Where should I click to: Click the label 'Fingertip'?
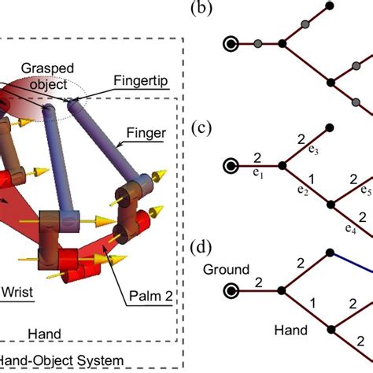tap(141, 80)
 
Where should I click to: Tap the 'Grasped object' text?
tap(47, 76)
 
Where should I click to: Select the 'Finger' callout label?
tap(146, 133)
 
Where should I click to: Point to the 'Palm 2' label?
tap(151, 296)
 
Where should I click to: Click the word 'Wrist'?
tap(18, 292)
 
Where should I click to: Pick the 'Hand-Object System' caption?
tap(61, 360)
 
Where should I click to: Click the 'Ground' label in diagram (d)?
tap(226, 270)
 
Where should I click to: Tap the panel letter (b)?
tap(201, 8)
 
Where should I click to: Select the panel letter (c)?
tap(201, 128)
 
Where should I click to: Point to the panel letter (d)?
tap(201, 248)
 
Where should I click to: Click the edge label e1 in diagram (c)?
tap(258, 173)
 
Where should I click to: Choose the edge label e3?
tap(313, 150)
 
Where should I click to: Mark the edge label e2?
tap(303, 190)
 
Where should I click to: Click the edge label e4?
tap(351, 229)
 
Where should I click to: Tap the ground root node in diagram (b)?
tap(231, 44)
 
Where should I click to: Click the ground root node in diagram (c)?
tap(231, 166)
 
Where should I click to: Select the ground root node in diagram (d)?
tap(231, 290)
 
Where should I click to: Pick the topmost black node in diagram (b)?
tap(330, 6)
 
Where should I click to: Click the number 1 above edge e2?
tap(312, 179)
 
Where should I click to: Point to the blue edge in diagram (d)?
tap(351, 262)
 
